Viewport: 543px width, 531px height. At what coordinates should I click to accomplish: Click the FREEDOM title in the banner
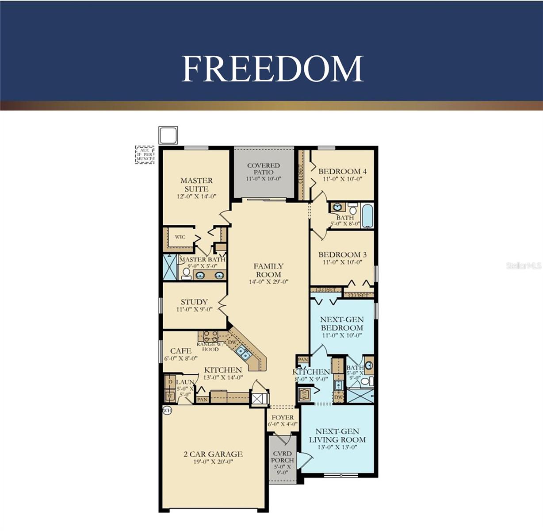(272, 69)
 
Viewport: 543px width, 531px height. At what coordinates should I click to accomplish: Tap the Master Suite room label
(196, 185)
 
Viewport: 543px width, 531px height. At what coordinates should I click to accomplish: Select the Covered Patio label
(264, 169)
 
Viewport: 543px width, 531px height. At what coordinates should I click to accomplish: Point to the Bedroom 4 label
(342, 171)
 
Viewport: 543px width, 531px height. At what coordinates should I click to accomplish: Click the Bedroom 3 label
(342, 254)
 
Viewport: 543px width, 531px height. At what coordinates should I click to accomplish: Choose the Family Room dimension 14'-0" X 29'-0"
(268, 281)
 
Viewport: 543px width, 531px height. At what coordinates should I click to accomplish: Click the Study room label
(194, 302)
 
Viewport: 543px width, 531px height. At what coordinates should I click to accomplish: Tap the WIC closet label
(180, 237)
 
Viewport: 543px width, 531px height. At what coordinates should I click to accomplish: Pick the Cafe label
(180, 351)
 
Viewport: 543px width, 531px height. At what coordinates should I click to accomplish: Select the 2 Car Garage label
(213, 454)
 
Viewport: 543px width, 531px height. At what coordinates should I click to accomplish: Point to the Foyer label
(283, 417)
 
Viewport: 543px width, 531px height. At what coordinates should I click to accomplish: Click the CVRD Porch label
(282, 457)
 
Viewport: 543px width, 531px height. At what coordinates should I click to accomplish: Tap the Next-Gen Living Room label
(337, 435)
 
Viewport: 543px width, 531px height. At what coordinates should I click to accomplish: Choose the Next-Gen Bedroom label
(342, 323)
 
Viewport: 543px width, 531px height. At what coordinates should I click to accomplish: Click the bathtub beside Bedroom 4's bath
(367, 216)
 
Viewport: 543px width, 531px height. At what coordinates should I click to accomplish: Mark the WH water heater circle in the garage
(167, 410)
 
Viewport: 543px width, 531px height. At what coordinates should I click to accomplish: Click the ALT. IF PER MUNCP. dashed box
(145, 155)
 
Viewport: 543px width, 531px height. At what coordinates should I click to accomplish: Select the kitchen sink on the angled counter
(242, 352)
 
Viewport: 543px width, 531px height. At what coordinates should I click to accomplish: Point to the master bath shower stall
(170, 267)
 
